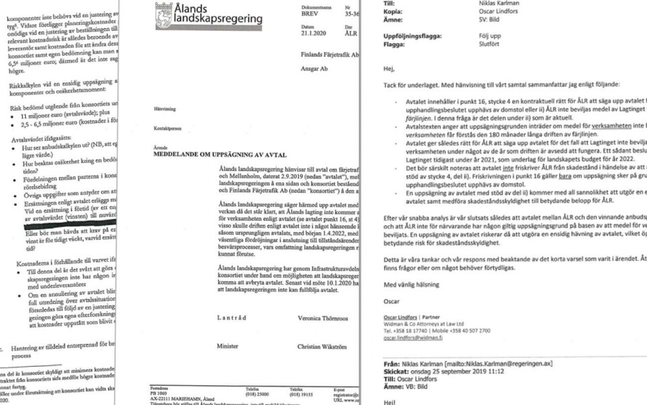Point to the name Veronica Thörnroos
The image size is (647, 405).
pos(324,317)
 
